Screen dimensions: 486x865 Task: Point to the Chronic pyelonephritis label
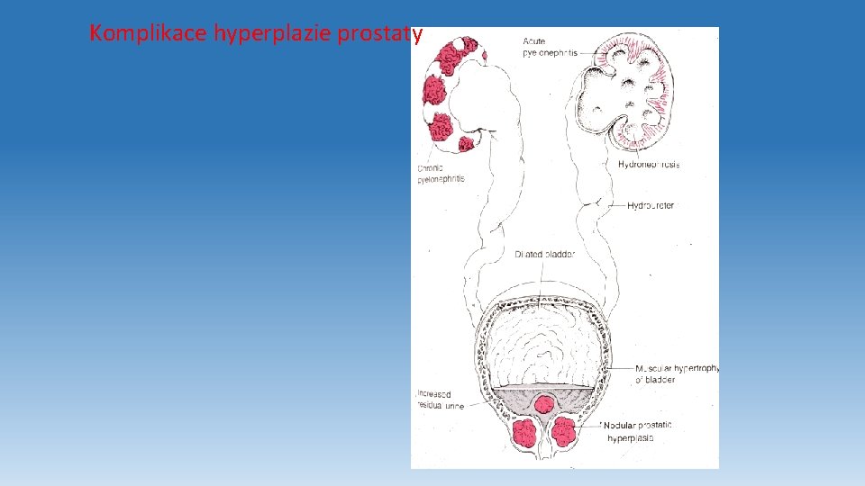point(442,174)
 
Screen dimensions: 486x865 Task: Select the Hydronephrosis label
point(649,165)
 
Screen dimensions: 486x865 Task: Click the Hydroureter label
point(651,206)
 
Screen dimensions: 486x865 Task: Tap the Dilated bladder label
point(544,255)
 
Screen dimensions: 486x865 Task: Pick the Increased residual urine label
point(441,400)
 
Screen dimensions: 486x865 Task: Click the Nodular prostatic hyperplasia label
point(639,431)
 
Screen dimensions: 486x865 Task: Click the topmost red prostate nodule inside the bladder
point(543,404)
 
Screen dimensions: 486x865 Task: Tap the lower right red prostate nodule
point(565,433)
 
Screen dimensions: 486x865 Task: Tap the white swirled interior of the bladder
point(543,342)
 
